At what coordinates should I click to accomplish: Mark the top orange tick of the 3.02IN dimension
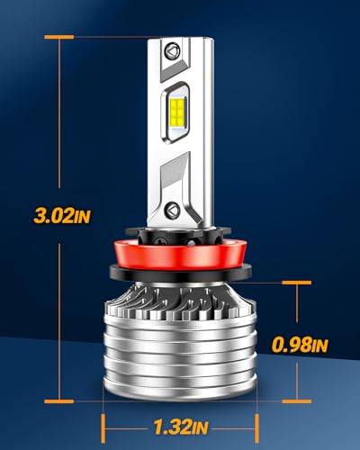coord(58,37)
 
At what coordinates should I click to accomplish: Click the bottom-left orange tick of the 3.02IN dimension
coord(58,400)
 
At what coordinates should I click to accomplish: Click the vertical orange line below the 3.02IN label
coord(58,315)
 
